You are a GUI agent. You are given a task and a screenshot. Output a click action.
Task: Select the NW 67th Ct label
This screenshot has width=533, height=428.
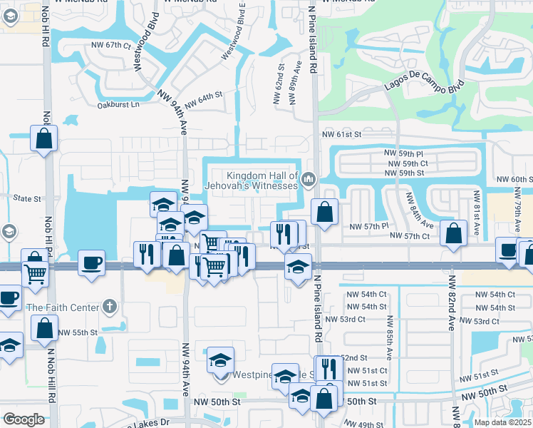point(112,45)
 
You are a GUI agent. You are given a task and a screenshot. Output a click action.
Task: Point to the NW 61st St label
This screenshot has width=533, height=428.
point(342,134)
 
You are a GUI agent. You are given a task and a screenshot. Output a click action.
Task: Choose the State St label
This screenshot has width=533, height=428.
point(29,198)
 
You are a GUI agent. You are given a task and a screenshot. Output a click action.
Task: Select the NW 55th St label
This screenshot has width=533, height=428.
point(77,332)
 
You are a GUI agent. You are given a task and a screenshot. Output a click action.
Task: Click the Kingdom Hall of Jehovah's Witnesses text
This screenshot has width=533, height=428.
point(262,180)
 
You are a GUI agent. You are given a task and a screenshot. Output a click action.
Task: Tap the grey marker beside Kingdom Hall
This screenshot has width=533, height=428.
point(309,179)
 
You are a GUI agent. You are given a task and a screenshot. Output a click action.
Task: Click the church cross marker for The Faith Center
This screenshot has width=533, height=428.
point(108,307)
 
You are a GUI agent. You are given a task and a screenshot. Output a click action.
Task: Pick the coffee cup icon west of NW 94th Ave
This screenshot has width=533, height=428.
point(91,262)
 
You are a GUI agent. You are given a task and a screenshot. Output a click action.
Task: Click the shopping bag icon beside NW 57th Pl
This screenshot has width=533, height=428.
point(325,212)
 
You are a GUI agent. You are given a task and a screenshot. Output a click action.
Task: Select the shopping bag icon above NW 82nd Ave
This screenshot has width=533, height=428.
point(453,233)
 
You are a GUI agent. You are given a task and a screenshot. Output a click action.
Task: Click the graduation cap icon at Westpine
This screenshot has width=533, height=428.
point(221,360)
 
